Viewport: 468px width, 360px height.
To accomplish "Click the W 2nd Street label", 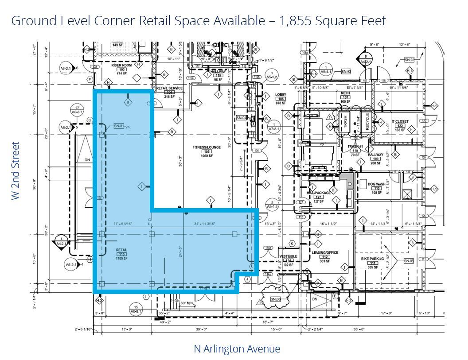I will (x=16, y=170).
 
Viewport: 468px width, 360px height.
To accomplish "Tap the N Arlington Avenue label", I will (x=237, y=349).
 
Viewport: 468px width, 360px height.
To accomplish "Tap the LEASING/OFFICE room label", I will (x=325, y=253).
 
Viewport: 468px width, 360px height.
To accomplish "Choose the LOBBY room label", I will (x=281, y=95).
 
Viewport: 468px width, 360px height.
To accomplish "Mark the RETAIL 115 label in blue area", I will (x=121, y=250).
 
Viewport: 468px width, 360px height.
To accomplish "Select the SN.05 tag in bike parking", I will (x=409, y=261).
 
